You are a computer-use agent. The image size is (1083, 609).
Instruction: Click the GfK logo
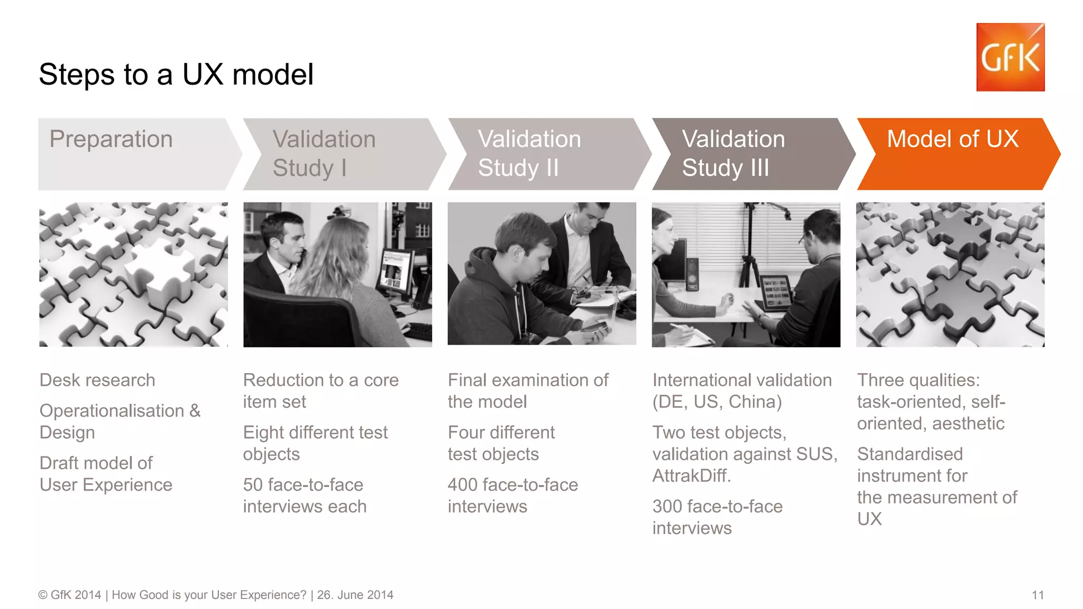[1010, 57]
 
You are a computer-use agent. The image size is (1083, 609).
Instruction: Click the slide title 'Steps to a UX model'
[176, 75]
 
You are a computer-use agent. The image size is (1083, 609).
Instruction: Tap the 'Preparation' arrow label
[111, 140]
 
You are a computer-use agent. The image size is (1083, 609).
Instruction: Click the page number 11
[1038, 595]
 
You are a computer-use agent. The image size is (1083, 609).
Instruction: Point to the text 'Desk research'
[97, 380]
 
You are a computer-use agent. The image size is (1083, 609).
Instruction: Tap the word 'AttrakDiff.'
[691, 476]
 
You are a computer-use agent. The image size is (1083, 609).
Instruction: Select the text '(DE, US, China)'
[717, 402]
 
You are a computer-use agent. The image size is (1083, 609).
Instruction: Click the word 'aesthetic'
[968, 423]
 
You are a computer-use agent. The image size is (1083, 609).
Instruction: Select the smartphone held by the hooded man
[595, 330]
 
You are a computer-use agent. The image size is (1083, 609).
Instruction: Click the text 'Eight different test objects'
[315, 443]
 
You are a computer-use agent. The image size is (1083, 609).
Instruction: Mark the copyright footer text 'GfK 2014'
[75, 595]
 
